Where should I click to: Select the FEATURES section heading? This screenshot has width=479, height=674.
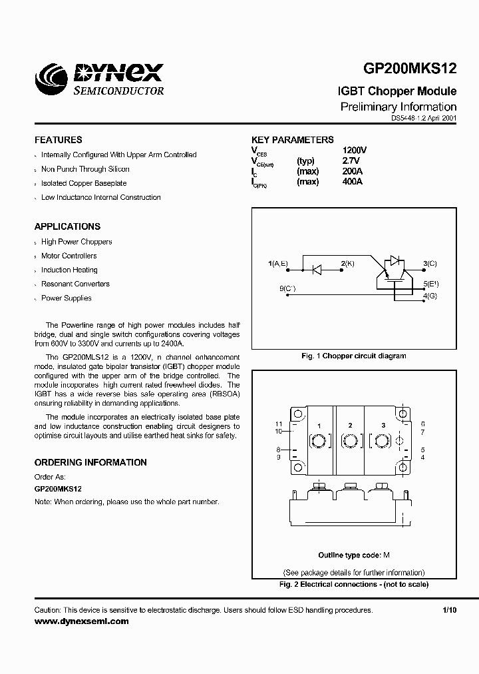pyautogui.click(x=59, y=140)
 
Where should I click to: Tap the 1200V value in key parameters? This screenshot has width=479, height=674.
pyautogui.click(x=355, y=151)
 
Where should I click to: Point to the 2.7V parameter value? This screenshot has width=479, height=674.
pyautogui.click(x=351, y=161)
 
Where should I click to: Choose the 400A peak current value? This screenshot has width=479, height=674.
pyautogui.click(x=352, y=182)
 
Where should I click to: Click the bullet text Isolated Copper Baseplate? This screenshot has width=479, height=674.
pyautogui.click(x=84, y=183)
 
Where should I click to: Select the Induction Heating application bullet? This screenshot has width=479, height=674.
pyautogui.click(x=69, y=270)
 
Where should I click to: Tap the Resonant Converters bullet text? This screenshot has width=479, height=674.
pyautogui.click(x=75, y=284)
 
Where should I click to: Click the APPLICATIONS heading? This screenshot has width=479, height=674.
pyautogui.click(x=67, y=226)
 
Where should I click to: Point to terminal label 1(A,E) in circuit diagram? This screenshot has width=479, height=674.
pyautogui.click(x=278, y=264)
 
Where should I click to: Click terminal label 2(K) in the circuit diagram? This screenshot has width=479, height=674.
pyautogui.click(x=347, y=264)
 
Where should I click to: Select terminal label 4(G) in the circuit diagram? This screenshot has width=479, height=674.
pyautogui.click(x=430, y=295)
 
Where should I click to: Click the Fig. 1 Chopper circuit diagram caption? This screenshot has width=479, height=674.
pyautogui.click(x=353, y=356)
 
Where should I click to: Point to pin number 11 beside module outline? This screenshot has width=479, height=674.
pyautogui.click(x=279, y=424)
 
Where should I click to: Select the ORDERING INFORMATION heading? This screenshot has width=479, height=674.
pyautogui.click(x=90, y=462)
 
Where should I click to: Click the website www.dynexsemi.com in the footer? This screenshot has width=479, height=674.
pyautogui.click(x=81, y=621)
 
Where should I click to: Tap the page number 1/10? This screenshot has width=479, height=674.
pyautogui.click(x=450, y=610)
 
